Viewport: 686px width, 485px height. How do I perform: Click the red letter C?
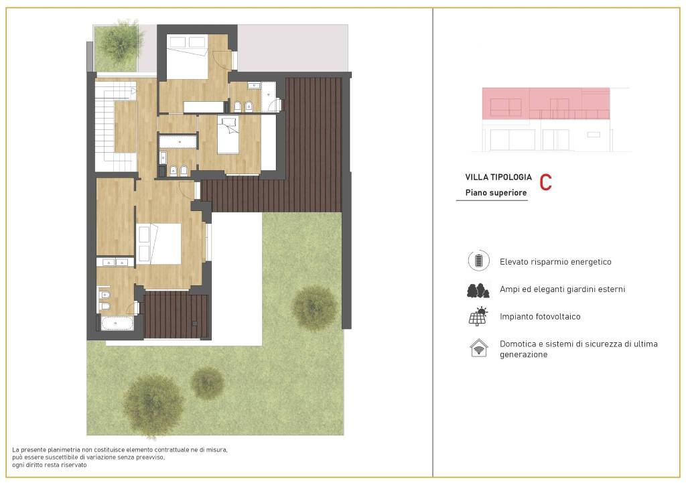pyautogui.click(x=545, y=182)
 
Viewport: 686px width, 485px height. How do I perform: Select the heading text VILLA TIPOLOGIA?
pyautogui.click(x=498, y=178)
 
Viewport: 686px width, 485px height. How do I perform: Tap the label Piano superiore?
pyautogui.click(x=496, y=193)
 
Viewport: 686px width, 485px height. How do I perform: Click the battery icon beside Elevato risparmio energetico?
pyautogui.click(x=478, y=261)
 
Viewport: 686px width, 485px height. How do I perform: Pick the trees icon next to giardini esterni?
pyautogui.click(x=478, y=289)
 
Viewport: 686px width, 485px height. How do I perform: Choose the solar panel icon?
pyautogui.click(x=478, y=316)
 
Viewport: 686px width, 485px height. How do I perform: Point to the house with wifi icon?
pyautogui.click(x=478, y=348)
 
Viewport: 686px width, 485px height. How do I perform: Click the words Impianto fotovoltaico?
pyautogui.click(x=540, y=316)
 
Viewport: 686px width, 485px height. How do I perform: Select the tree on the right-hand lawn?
pyautogui.click(x=314, y=307)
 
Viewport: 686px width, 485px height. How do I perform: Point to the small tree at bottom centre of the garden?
pyautogui.click(x=208, y=383)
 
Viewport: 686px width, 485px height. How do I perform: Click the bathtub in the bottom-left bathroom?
pyautogui.click(x=117, y=324)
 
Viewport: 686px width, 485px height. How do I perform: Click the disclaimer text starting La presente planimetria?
pyautogui.click(x=121, y=457)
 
